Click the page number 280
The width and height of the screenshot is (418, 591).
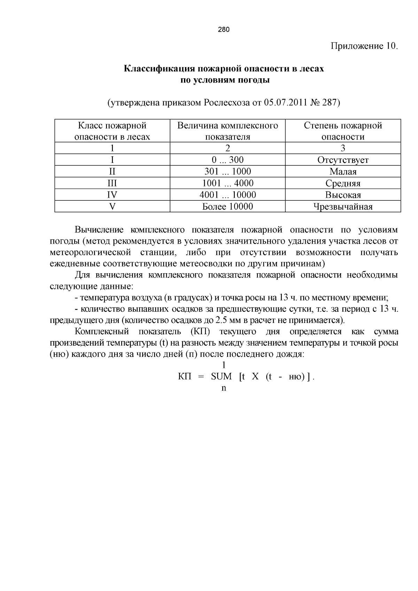point(224,30)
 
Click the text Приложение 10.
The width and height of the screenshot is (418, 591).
point(364,46)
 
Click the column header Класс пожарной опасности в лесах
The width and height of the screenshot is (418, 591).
point(112,131)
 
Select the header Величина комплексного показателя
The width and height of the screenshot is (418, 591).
point(227,131)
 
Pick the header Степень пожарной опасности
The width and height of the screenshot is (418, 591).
point(343,131)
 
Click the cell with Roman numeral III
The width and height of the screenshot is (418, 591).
point(112,183)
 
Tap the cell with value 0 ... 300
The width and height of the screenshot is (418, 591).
point(227,160)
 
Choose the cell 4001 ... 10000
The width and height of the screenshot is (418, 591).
point(227,195)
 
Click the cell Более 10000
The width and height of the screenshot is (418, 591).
point(227,206)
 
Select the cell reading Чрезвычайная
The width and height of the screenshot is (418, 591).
point(343,207)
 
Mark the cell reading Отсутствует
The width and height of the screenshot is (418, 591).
point(343,160)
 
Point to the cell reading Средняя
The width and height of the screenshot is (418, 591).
point(343,183)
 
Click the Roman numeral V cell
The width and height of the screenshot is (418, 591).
point(112,206)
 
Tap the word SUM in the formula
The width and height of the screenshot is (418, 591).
point(221,377)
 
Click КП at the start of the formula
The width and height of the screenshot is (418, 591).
point(185,377)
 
